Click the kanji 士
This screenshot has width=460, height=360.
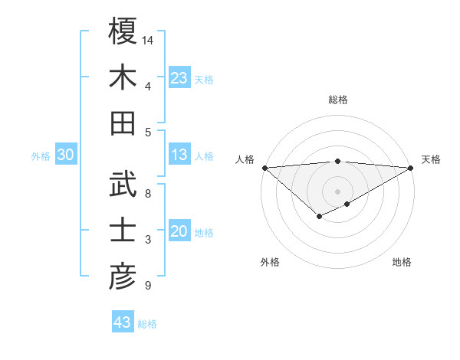click(123, 231)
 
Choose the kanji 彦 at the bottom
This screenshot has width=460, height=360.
click(123, 277)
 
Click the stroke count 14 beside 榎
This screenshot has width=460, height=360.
click(148, 39)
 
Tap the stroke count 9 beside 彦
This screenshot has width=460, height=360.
click(148, 286)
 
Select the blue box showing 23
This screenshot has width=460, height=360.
click(179, 77)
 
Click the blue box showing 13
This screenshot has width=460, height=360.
click(179, 155)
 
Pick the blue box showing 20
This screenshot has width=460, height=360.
click(179, 231)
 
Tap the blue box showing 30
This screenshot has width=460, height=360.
click(65, 155)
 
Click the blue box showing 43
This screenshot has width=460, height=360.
click(122, 322)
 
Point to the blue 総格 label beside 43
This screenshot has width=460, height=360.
click(147, 324)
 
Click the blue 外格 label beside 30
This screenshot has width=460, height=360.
click(41, 156)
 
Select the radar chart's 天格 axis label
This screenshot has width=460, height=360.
click(431, 159)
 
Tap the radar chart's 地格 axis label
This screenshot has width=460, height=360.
click(402, 262)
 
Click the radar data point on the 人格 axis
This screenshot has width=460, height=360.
click(264, 167)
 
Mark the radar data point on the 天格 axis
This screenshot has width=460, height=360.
click(411, 167)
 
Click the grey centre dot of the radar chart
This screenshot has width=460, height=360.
click(337, 191)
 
